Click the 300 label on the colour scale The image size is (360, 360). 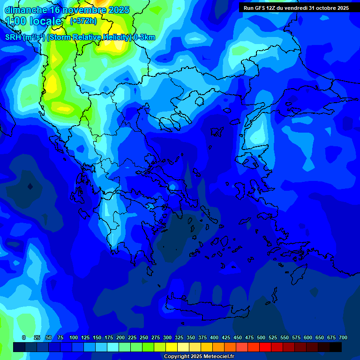pos(167,337)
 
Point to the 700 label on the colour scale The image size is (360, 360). pos(343,337)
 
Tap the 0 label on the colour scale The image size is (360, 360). pos(24,337)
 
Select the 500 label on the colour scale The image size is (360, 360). pos(261,337)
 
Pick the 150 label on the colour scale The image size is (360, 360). pos(97,337)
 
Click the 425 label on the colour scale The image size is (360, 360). pos(226,337)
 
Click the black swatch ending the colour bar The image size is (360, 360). pos(336,347)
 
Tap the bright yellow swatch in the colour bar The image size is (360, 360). pos(172,347)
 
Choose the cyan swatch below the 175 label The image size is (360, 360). pos(113,347)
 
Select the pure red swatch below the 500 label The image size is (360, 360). pos(265,347)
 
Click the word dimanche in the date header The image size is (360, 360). pos(26,10)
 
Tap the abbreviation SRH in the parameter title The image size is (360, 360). pos(13,37)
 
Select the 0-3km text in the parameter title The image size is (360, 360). pos(144,37)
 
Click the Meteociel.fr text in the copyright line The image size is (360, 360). pos(217,357)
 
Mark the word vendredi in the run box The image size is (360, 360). pos(294,8)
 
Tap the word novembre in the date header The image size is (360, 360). pos(84,10)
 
